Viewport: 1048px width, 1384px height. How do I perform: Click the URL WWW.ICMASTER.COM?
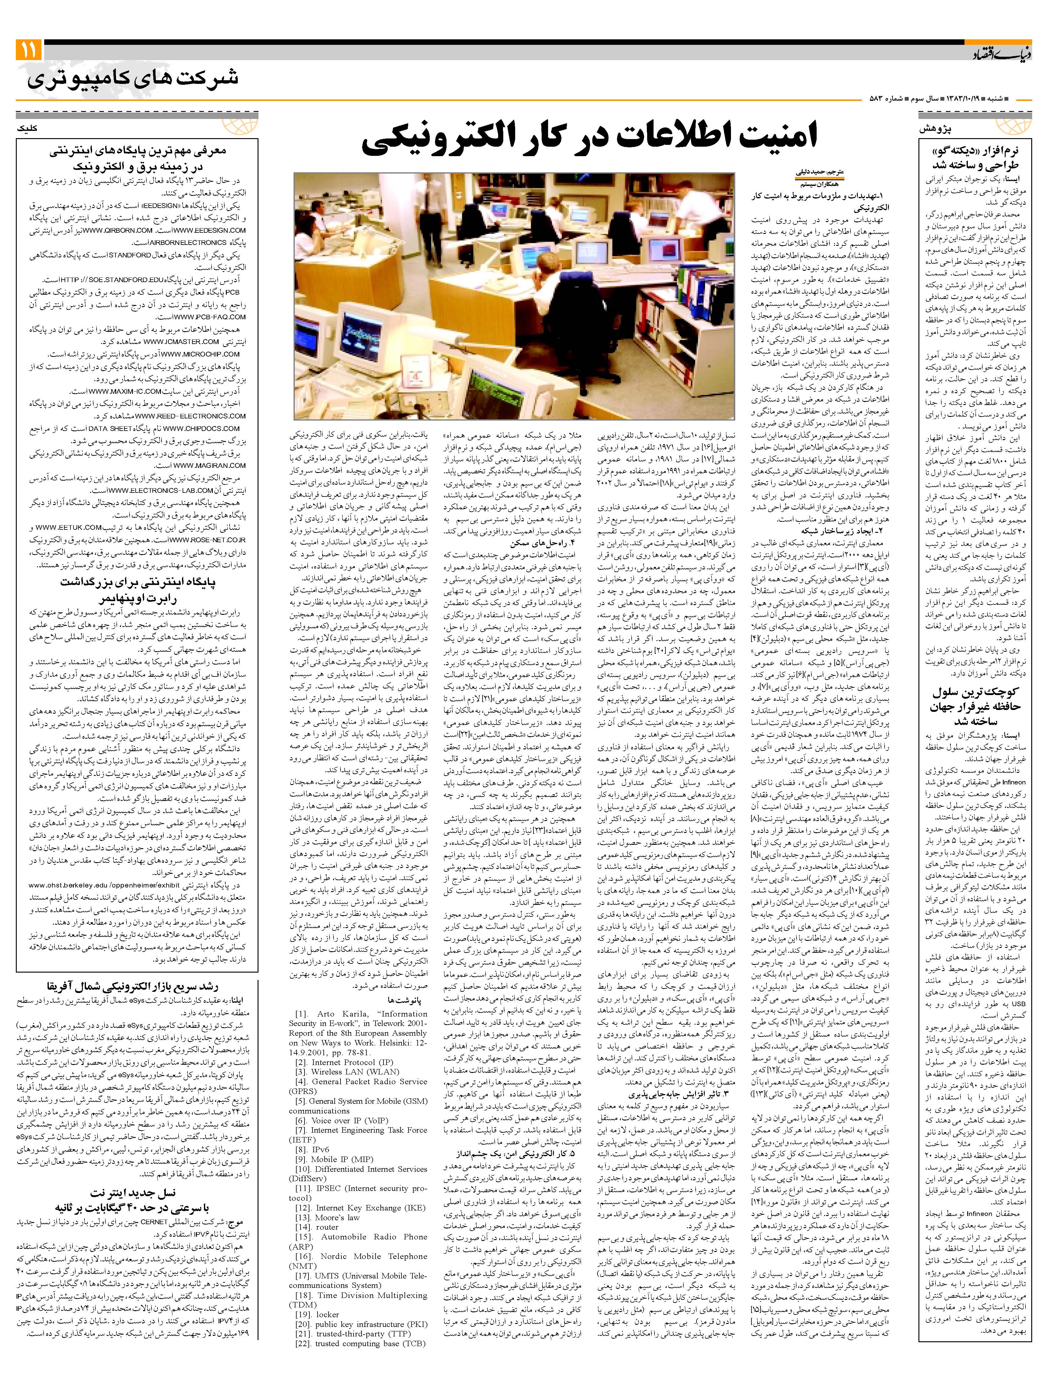tap(181, 342)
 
